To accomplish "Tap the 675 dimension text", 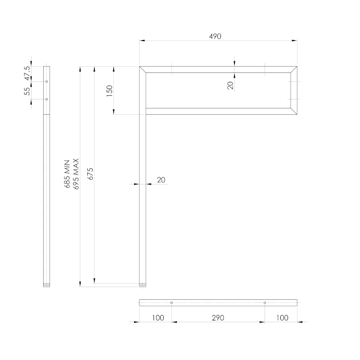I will click(90, 174).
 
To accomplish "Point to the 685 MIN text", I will click(68, 174).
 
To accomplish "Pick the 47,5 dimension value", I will click(27, 74).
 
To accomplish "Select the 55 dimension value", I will click(27, 91).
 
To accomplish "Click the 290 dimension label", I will click(218, 318).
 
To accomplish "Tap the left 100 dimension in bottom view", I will click(157, 318).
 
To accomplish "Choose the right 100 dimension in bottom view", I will click(282, 318).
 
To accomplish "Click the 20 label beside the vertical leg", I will click(161, 180).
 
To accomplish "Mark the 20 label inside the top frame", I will click(230, 86).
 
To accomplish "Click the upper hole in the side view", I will click(47, 81).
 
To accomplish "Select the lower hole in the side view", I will click(47, 99).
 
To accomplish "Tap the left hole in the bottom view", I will click(171, 302).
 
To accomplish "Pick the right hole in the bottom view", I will click(265, 302).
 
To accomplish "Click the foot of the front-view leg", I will click(143, 285).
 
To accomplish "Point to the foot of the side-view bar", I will click(47, 285).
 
